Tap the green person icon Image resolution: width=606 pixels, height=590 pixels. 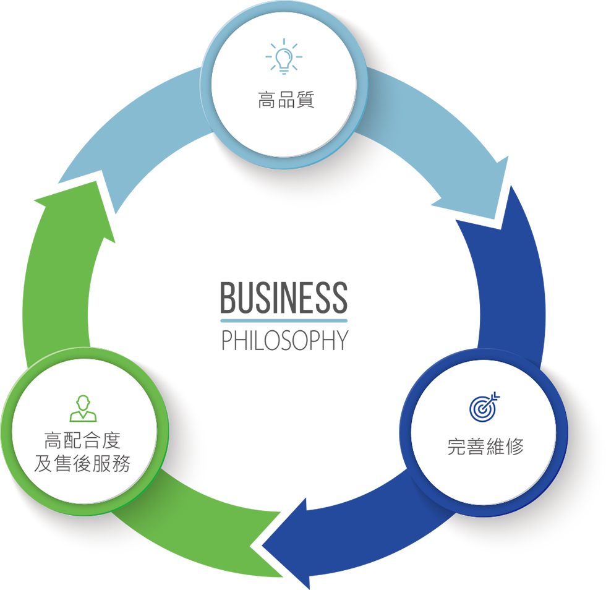click(83, 409)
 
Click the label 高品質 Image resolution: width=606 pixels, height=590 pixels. click(286, 100)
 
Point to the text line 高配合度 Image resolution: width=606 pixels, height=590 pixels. click(82, 442)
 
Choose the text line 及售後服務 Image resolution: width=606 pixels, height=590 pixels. click(82, 464)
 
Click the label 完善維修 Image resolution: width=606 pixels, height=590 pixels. click(485, 447)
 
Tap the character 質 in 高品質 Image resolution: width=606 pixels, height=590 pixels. click(305, 100)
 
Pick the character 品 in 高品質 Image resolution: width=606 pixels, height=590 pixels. click(286, 100)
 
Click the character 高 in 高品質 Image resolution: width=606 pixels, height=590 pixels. click(267, 100)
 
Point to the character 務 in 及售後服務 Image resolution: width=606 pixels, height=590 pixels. click(121, 464)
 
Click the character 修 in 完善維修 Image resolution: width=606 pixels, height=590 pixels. click(514, 447)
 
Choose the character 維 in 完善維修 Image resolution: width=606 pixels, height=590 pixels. click(495, 447)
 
